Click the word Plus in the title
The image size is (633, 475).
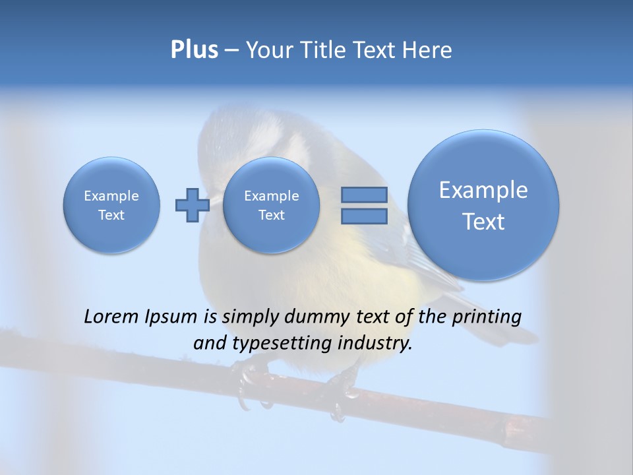(194, 50)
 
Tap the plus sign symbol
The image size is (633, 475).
(192, 205)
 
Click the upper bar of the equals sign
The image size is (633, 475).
(363, 195)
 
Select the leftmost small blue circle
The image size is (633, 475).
(111, 205)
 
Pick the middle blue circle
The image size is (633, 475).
(271, 205)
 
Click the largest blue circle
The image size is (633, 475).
(483, 205)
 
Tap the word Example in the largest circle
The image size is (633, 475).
(483, 190)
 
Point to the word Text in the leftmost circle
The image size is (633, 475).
(111, 215)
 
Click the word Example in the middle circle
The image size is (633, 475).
(271, 196)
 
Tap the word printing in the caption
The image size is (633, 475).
(487, 317)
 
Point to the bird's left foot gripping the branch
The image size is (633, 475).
(249, 383)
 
